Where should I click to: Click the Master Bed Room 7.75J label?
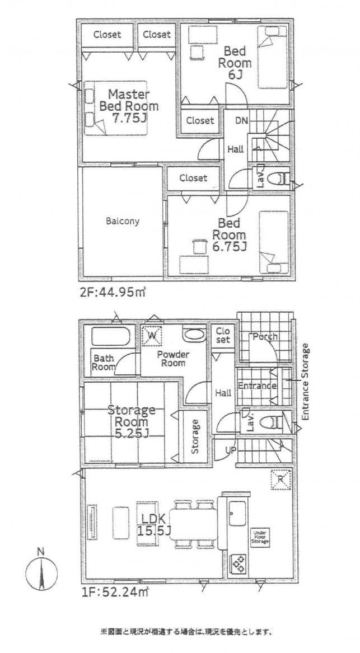129,106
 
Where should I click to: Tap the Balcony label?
123,221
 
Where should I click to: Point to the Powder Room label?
173,359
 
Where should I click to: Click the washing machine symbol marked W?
152,336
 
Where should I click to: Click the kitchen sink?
237,514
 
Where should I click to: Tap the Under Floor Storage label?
260,537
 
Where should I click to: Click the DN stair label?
241,120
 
